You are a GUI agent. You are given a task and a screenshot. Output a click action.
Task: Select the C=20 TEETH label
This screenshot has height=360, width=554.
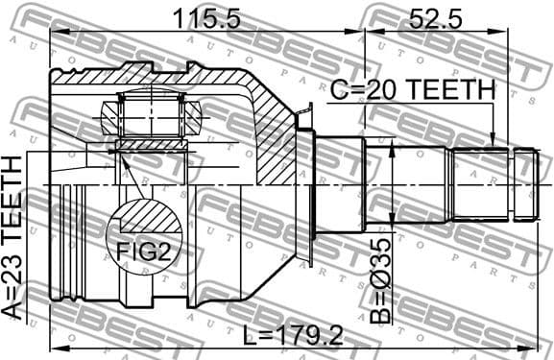coord(413,90)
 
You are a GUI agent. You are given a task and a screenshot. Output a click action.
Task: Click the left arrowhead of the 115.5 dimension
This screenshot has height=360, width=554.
coord(55,32)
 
